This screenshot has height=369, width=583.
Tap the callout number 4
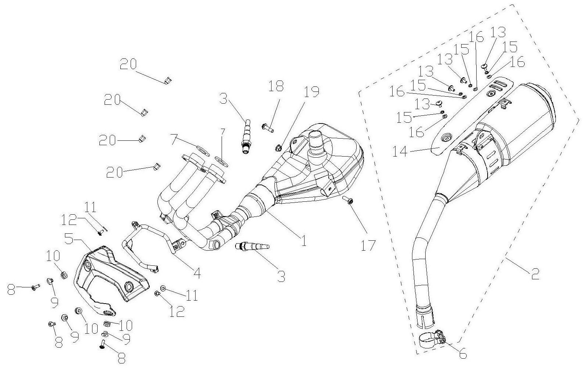(197, 273)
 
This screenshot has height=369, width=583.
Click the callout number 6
(463, 354)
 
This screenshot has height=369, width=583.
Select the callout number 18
(276, 86)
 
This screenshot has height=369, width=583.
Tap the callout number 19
(311, 92)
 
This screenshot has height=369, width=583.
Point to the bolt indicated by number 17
(347, 200)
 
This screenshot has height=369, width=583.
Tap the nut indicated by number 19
(278, 148)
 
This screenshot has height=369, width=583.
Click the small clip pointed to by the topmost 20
(168, 80)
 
